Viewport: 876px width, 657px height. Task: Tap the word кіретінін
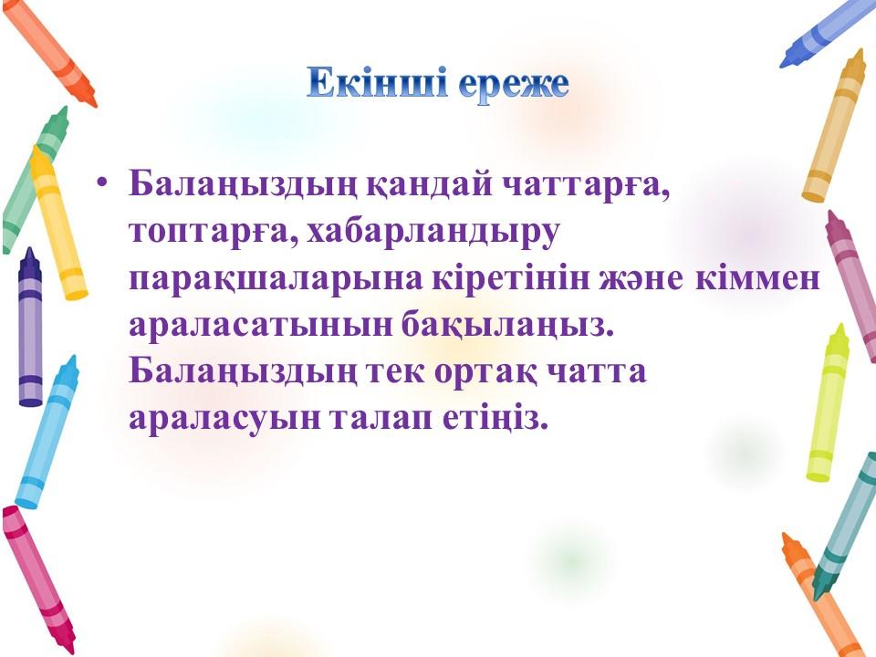(511, 278)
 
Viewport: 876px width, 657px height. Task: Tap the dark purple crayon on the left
(30, 328)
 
